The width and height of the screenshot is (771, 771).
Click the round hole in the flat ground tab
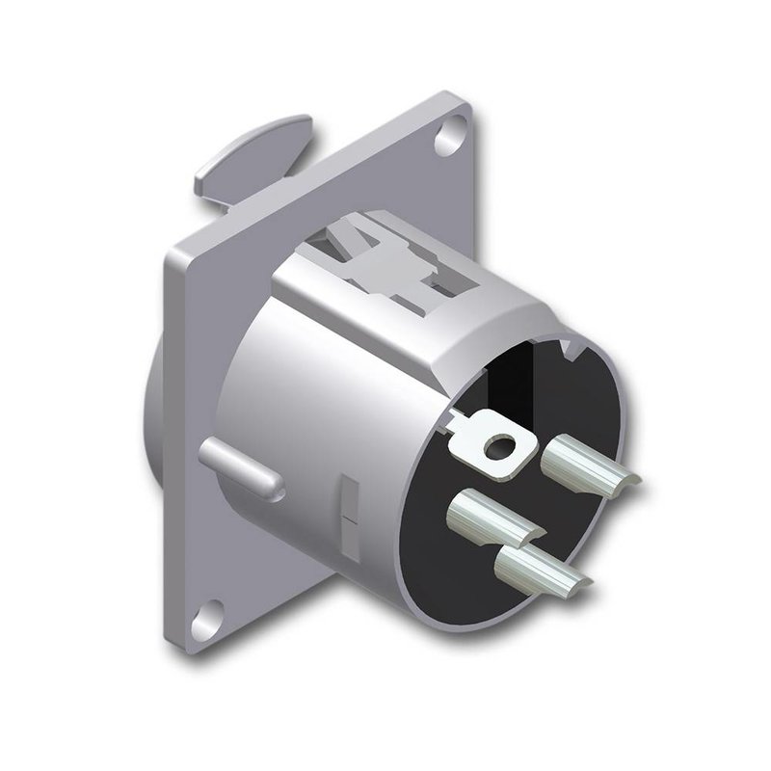499,445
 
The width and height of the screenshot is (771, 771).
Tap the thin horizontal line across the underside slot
349,521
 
